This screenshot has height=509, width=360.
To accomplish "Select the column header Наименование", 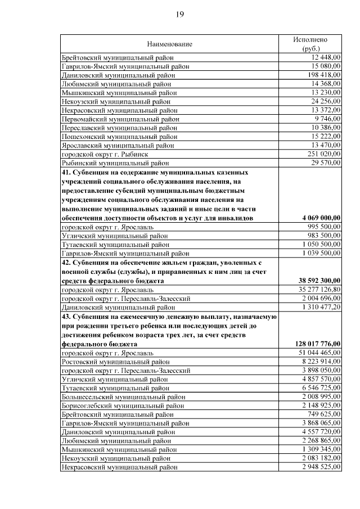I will click(170, 44).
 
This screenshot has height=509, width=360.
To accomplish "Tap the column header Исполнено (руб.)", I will click(310, 44).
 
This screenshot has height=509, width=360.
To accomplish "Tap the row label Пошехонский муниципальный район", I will click(119, 137).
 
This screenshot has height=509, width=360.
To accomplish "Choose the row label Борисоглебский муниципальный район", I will click(123, 406).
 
